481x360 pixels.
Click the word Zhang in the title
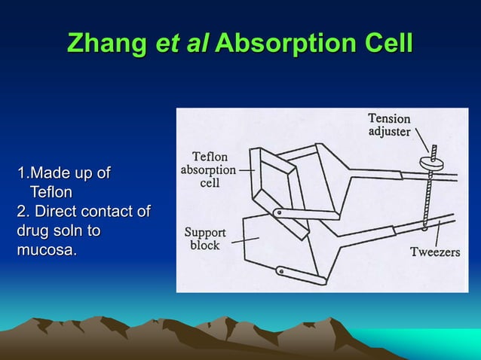[107, 43]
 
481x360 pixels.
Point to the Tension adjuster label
[389, 124]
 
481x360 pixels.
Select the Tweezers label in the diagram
[434, 252]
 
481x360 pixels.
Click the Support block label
[204, 239]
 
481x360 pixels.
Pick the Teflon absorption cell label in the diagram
[207, 169]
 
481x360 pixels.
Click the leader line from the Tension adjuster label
[421, 141]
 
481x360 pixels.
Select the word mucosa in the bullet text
[46, 249]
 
